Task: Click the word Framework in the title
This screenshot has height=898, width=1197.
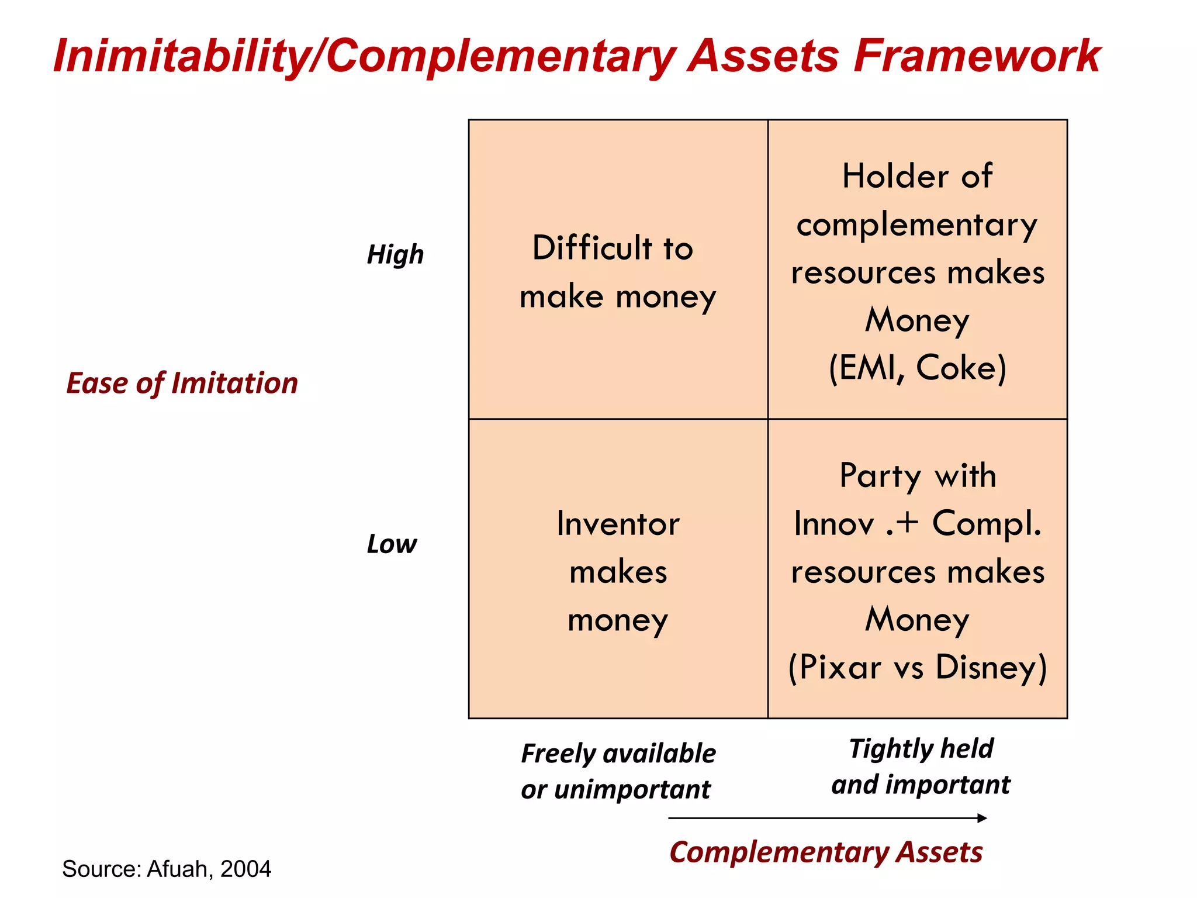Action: (976, 56)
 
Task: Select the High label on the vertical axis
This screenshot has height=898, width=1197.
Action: (395, 255)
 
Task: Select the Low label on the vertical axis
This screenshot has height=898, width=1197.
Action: (392, 544)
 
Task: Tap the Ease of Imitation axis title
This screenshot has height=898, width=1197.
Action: (182, 384)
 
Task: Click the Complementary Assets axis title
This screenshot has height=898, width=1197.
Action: (825, 852)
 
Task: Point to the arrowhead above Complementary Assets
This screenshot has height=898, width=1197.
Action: (982, 818)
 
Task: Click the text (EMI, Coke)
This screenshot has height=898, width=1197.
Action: (917, 368)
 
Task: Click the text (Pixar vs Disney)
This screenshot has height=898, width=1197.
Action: (917, 668)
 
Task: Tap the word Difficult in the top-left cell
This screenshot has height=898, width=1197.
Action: (591, 248)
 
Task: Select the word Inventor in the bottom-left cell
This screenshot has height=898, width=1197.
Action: (618, 524)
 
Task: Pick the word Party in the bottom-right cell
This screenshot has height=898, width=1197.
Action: (880, 475)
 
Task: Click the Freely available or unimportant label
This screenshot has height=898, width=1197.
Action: (618, 771)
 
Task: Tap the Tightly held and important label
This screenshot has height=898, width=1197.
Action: (921, 766)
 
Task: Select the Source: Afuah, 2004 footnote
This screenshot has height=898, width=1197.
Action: (167, 869)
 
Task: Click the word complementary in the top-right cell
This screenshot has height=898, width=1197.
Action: (916, 225)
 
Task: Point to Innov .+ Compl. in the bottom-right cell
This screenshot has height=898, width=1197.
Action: (917, 523)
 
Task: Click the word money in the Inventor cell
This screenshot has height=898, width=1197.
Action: (618, 620)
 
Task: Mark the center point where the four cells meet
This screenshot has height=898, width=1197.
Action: (768, 419)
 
